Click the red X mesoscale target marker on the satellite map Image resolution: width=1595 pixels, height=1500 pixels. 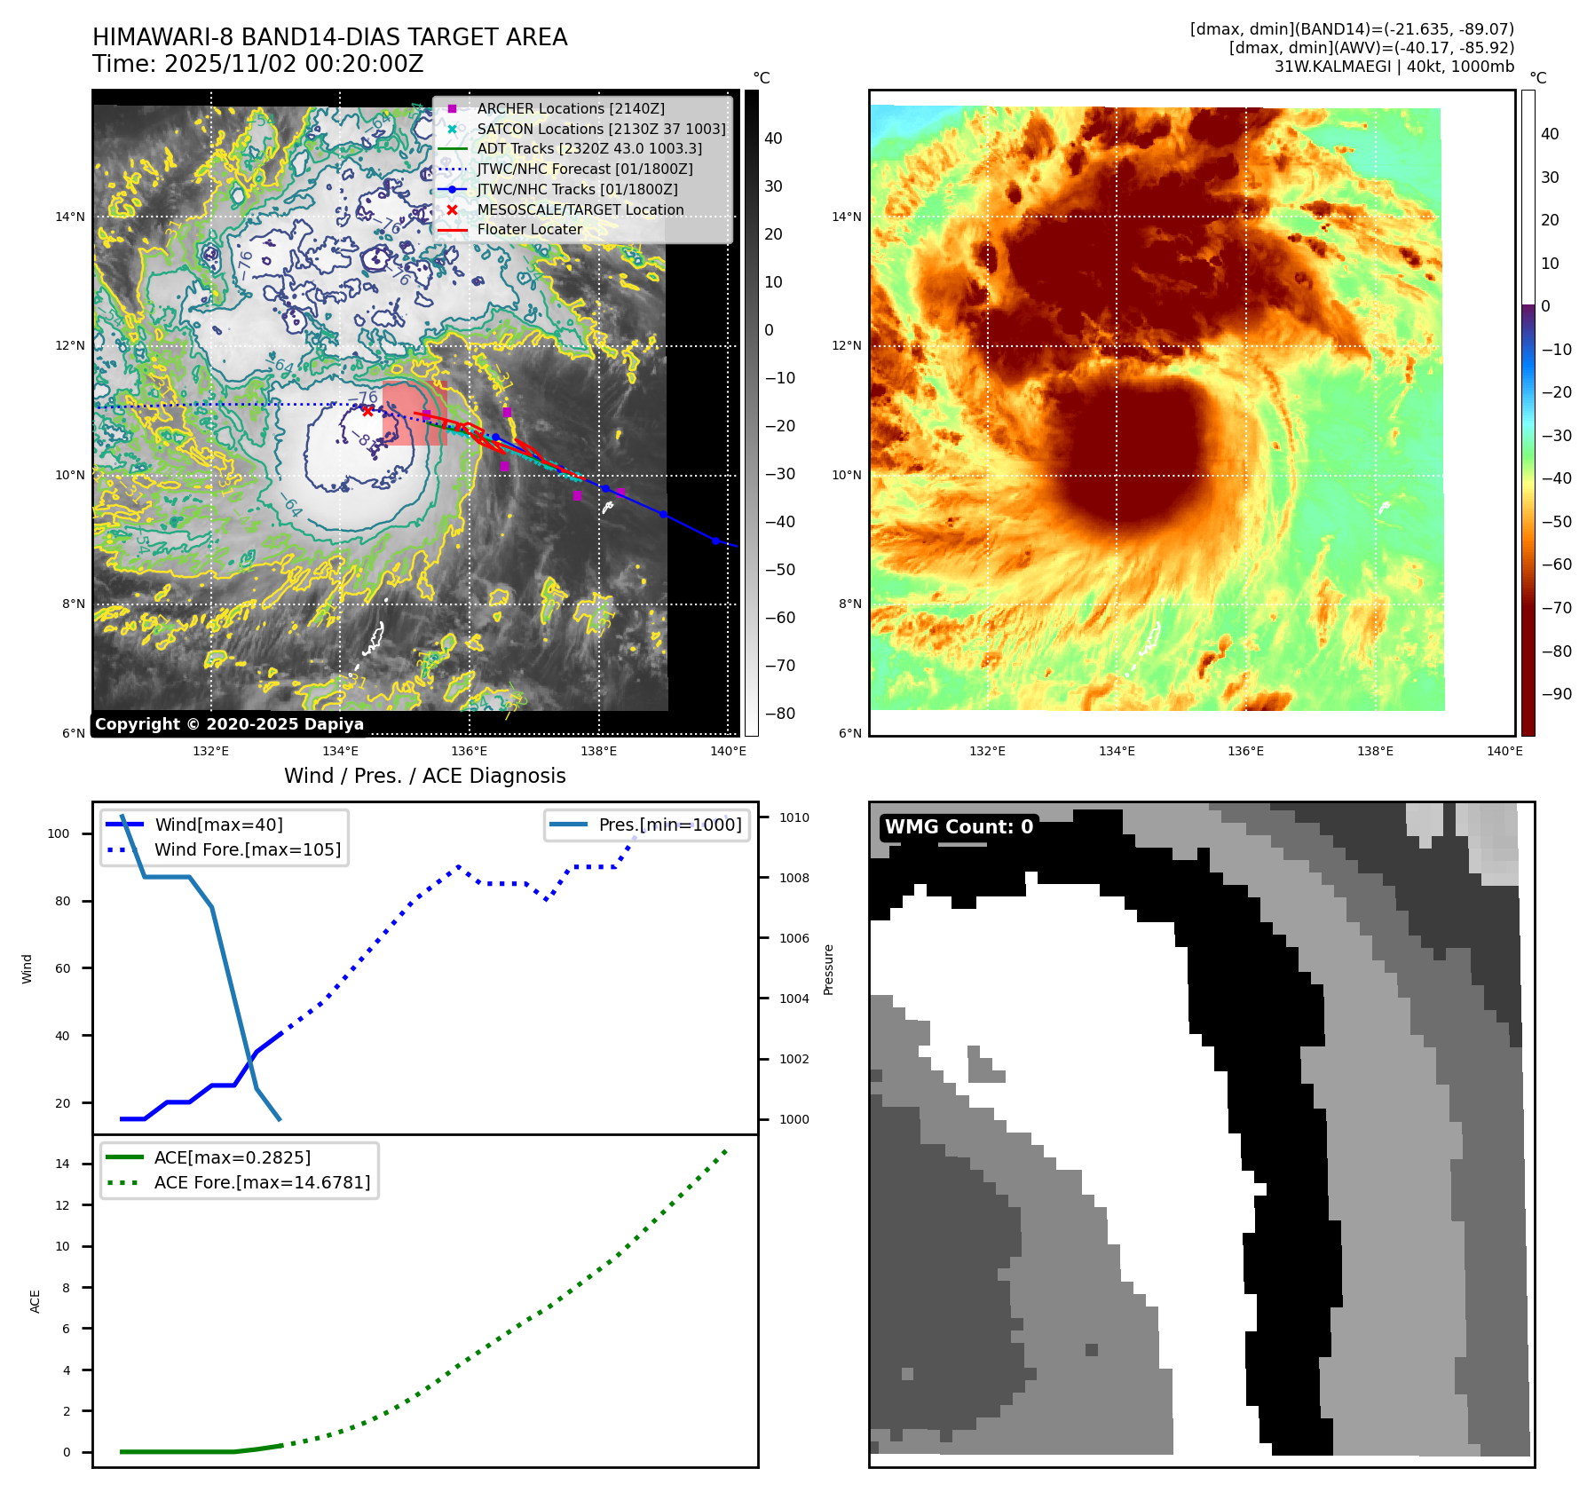coord(367,411)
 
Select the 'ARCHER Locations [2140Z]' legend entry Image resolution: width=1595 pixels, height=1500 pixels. coord(570,108)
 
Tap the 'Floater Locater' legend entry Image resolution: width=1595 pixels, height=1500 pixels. coord(529,229)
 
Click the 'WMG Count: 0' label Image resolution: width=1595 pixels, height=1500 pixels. coord(959,827)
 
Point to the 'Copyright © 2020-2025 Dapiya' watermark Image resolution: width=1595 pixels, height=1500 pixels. coord(229,724)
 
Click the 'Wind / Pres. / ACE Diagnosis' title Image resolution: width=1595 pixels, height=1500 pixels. coord(424,776)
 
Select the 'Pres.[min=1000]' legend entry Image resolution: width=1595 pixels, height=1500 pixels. coord(669,825)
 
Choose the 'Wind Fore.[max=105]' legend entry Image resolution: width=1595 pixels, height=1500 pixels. coord(247,849)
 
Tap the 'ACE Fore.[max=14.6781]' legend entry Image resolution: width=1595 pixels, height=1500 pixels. coord(262,1182)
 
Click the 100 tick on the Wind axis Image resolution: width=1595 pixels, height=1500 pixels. coord(59,833)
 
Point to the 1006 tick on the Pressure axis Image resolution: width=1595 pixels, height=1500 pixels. coord(794,938)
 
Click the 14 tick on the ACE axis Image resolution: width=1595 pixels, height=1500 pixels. coord(62,1164)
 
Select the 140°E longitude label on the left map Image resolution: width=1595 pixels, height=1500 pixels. coord(728,751)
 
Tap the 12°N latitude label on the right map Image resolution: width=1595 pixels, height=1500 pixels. coord(846,345)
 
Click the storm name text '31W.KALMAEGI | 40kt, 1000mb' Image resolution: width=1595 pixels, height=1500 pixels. coord(1394,67)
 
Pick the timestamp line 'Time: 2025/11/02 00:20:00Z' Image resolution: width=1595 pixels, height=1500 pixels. coord(258,64)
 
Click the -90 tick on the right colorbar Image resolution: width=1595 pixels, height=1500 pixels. coord(1556,694)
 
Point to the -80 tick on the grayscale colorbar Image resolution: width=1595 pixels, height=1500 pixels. coord(780,714)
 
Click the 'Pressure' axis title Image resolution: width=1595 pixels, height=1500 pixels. coord(828,969)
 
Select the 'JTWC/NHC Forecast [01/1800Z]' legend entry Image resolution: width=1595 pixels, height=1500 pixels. coord(584,169)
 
